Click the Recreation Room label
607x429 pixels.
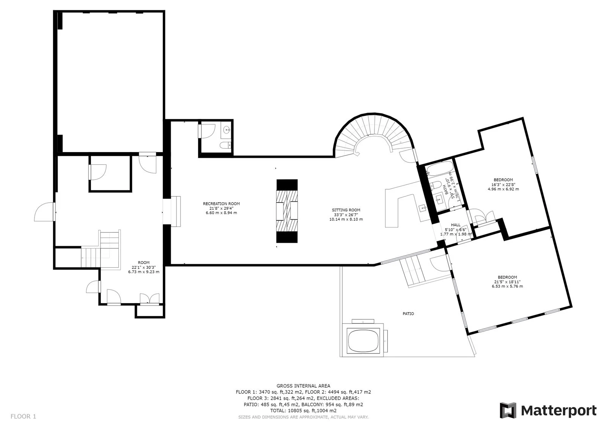pos(221,204)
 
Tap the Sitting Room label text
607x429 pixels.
pos(346,210)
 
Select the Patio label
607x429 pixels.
pos(408,314)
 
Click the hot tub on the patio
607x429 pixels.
pos(363,340)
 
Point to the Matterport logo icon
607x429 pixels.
pos(508,410)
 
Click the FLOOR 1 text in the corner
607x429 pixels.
pos(23,416)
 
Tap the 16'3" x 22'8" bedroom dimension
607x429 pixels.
pos(503,184)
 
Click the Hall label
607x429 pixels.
pos(456,225)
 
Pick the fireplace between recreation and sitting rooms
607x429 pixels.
pos(287,211)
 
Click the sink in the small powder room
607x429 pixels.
pos(226,130)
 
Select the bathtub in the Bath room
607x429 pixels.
pos(439,169)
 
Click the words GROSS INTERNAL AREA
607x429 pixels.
pos(303,386)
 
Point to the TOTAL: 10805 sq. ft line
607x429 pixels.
pos(303,410)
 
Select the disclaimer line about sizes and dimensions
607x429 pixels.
pos(303,417)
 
